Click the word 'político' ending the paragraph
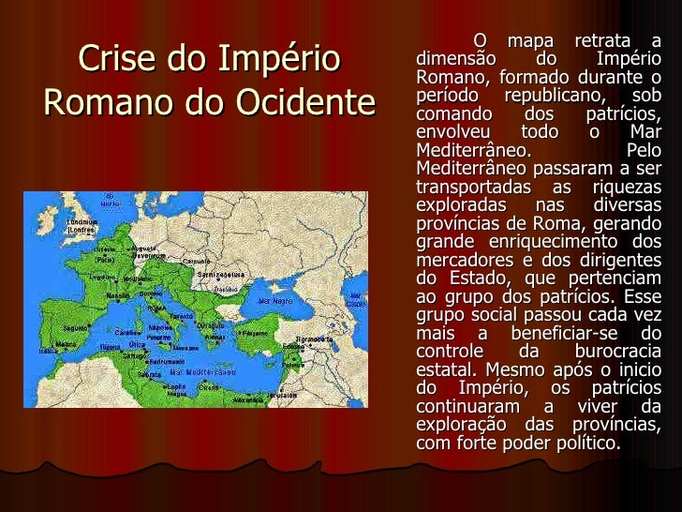point(587,443)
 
